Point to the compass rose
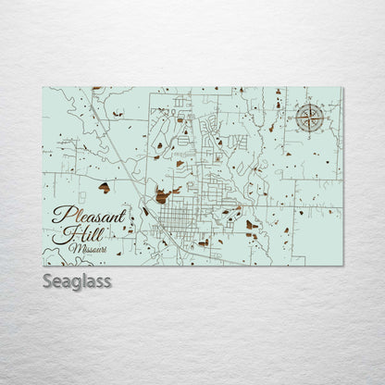(x=310, y=118)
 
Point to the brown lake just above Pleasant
(x=105, y=187)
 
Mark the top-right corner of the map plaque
(x=342, y=88)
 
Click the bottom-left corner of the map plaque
(x=43, y=266)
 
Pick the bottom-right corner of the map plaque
(x=342, y=266)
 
